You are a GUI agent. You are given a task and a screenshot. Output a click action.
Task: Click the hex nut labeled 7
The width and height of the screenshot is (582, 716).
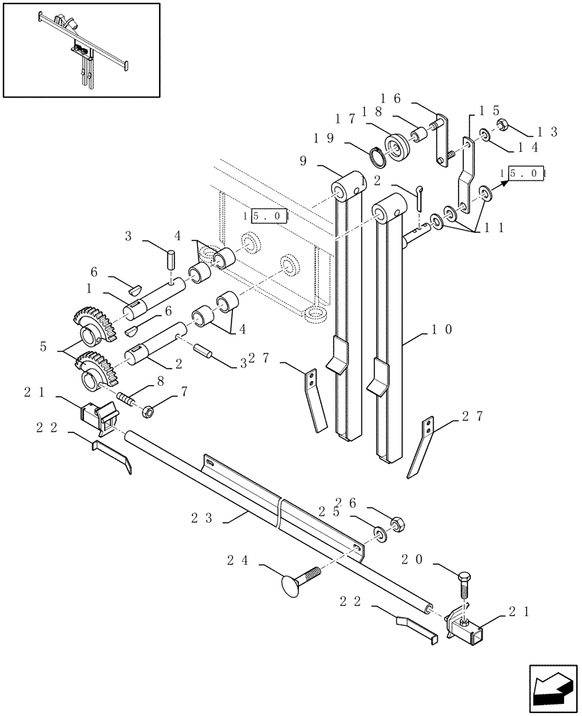click(x=150, y=410)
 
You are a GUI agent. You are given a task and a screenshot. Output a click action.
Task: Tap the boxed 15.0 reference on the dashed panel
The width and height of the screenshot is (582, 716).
click(x=264, y=215)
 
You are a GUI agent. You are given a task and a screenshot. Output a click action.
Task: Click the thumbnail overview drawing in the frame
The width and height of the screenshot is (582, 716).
click(x=80, y=49)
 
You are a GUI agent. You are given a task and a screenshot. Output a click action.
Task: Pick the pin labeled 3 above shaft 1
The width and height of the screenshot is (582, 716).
click(x=172, y=258)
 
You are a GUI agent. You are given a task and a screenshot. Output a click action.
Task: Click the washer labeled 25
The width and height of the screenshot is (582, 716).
click(x=377, y=533)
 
